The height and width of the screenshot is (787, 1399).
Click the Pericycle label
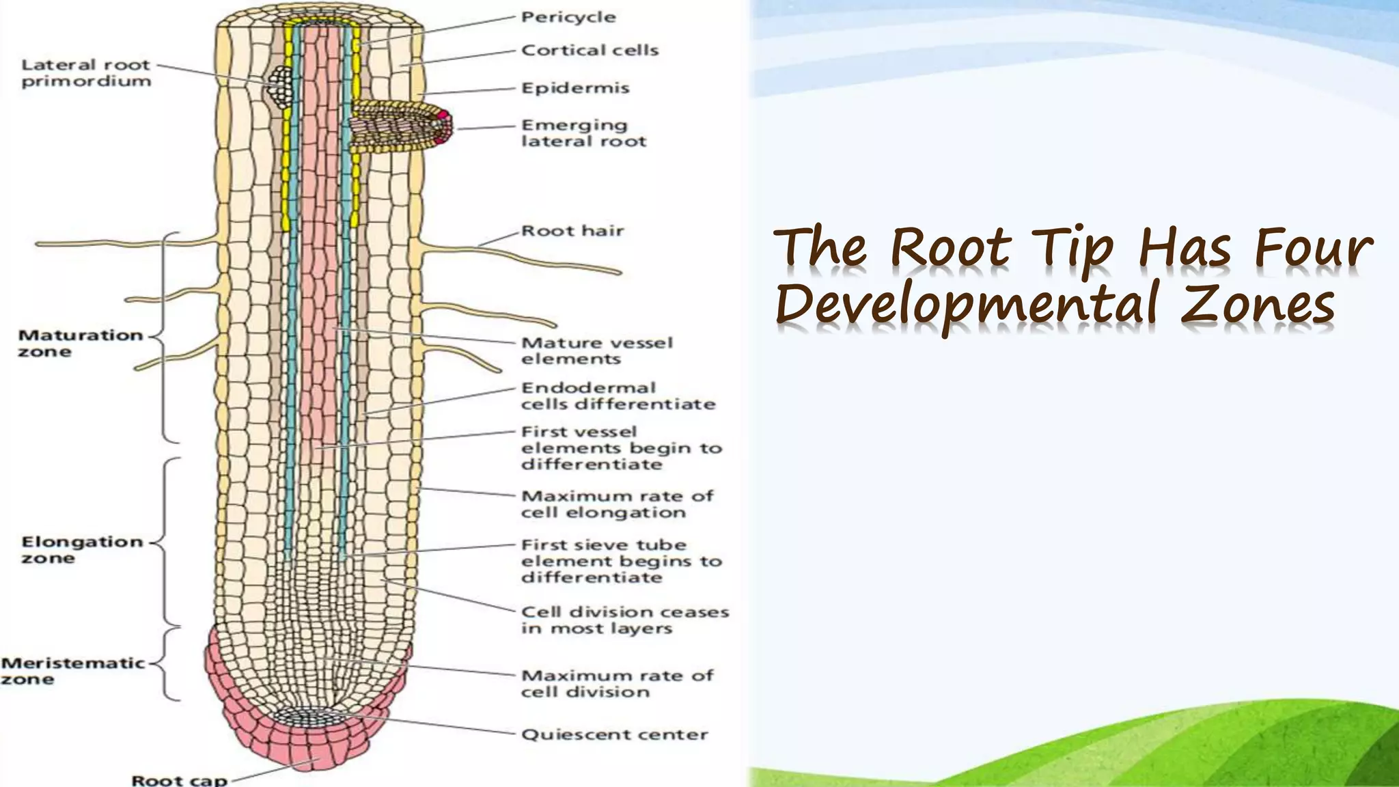pos(568,17)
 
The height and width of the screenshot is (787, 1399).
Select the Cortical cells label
pos(590,51)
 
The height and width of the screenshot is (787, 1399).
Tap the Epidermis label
pos(575,88)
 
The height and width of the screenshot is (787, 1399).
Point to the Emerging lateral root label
pos(583,133)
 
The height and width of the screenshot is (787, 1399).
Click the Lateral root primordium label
pos(86,73)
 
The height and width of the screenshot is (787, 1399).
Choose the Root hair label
pos(572,231)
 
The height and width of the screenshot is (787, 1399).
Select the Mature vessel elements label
pos(596,350)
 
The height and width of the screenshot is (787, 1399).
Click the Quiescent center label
pos(614,734)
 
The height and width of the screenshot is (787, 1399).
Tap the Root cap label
pos(179,779)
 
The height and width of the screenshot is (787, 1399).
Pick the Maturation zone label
pos(80,343)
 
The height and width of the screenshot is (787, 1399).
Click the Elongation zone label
pos(82,550)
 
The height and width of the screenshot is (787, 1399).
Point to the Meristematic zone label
pos(72,671)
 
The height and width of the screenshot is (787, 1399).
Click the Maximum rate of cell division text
pos(617,684)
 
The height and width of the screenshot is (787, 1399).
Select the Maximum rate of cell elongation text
pos(617,504)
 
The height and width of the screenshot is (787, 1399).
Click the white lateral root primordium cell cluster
pos(280,86)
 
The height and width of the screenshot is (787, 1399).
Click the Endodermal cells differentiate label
pos(618,396)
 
